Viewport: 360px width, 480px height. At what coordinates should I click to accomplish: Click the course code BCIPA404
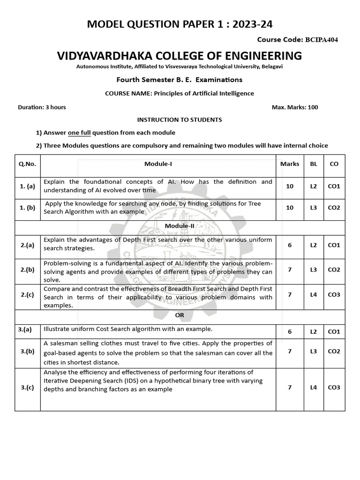(321, 39)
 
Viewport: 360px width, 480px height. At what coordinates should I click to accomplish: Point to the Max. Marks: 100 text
(295, 107)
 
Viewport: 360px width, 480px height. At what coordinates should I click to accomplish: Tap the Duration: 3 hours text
(42, 107)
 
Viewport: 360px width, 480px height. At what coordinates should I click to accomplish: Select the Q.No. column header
(27, 164)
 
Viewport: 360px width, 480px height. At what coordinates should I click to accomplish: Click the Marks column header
(289, 164)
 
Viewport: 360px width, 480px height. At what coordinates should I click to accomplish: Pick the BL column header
(314, 164)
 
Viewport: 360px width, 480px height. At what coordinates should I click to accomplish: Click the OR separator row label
(180, 315)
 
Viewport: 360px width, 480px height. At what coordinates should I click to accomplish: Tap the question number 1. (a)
(27, 187)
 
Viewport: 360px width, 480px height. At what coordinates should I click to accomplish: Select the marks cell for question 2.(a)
(289, 245)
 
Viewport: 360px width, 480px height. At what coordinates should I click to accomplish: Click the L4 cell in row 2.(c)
(314, 294)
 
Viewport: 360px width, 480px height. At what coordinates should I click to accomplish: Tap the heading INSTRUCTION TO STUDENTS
(180, 120)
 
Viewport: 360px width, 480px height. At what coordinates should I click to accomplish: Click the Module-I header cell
(158, 164)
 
